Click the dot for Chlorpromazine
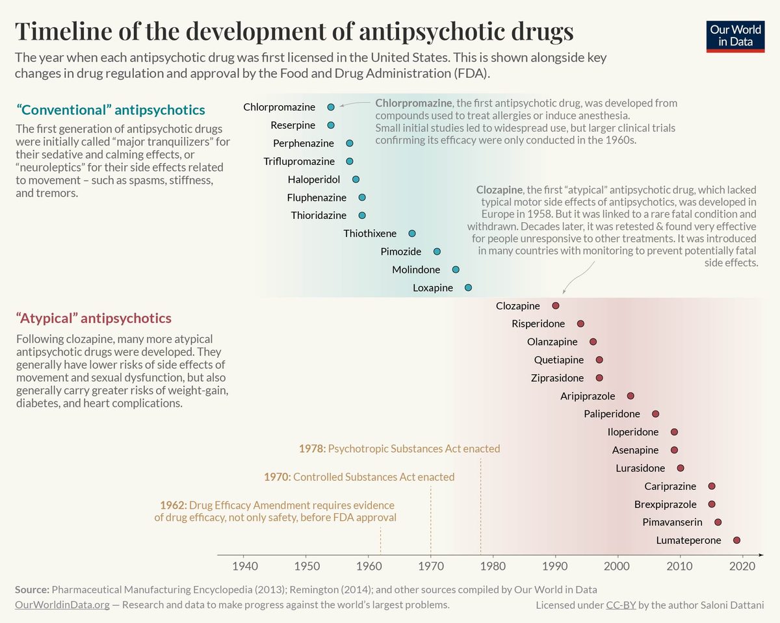(331, 107)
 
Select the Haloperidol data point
(356, 179)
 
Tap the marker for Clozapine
(555, 305)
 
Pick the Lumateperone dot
(736, 540)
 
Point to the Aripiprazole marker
(630, 396)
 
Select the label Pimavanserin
(672, 522)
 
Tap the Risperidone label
(538, 324)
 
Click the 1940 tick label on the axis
(244, 565)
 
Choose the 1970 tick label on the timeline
(430, 565)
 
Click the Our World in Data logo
(735, 36)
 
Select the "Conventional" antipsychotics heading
(110, 110)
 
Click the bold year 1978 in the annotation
(311, 448)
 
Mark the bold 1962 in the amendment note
(174, 505)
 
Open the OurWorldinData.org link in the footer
(62, 605)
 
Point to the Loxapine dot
(468, 287)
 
